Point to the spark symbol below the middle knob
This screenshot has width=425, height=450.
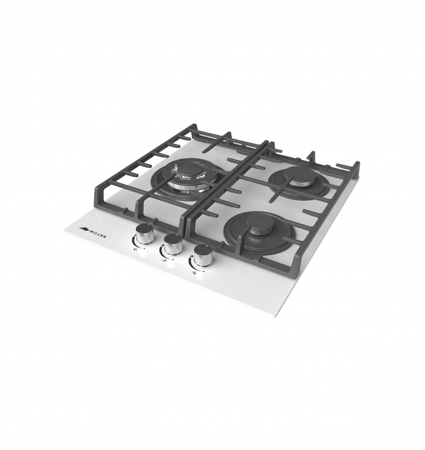164,261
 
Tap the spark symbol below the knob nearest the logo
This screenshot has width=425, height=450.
135,250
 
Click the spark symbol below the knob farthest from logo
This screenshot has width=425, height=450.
194,272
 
